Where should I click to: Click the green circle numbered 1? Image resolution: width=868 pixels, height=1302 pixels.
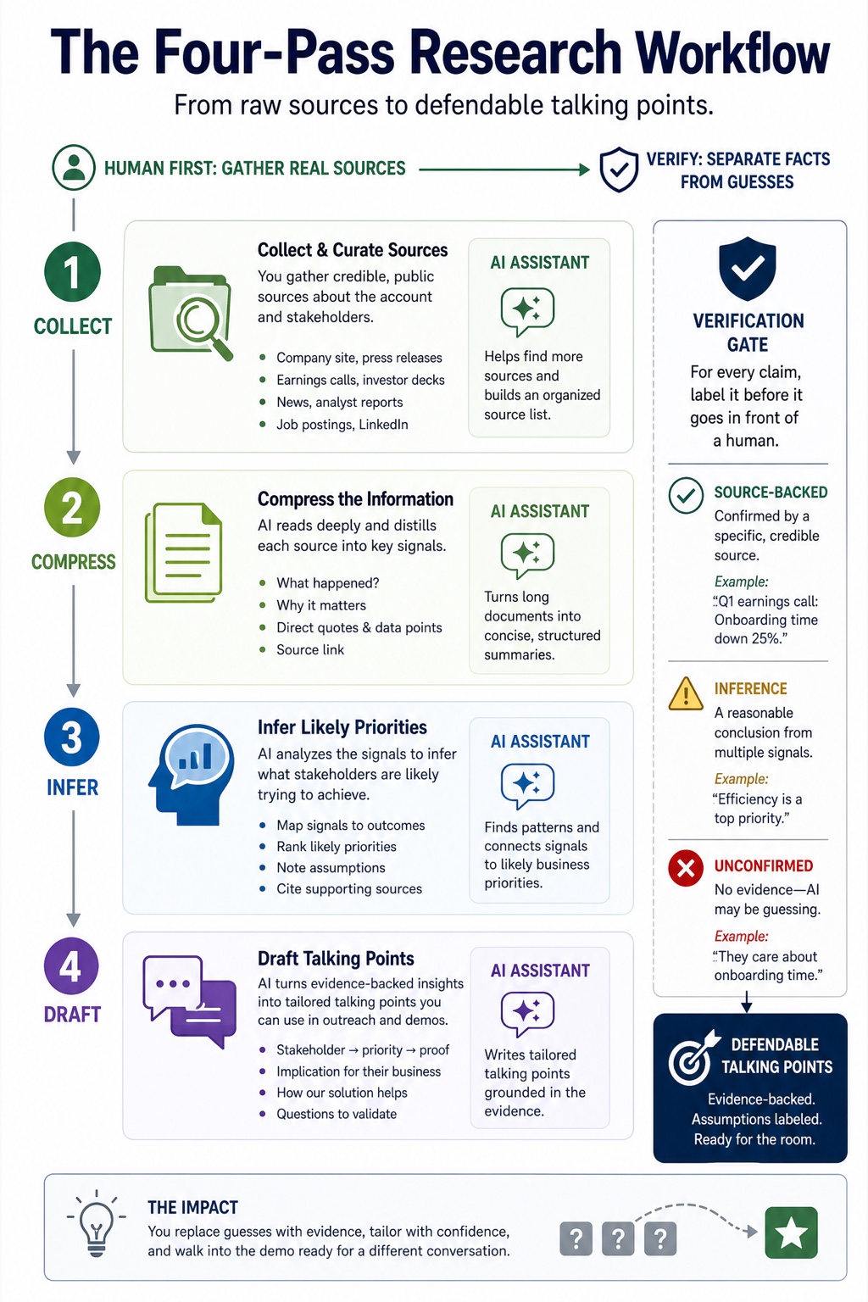click(72, 271)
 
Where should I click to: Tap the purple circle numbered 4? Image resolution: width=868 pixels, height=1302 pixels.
click(71, 966)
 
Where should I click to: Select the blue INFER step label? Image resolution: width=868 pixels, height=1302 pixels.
click(72, 787)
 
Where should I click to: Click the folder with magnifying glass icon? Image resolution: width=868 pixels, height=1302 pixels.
click(191, 312)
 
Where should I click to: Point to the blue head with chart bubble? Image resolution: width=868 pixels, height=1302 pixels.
click(192, 774)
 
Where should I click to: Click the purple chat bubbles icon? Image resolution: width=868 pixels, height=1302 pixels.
click(190, 1001)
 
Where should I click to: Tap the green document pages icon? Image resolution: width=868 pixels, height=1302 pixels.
click(184, 552)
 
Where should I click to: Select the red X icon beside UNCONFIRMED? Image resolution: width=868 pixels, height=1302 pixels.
click(686, 868)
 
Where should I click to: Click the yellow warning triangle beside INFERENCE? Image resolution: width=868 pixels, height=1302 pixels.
click(686, 694)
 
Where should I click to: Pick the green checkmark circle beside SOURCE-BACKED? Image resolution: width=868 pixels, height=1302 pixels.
click(686, 495)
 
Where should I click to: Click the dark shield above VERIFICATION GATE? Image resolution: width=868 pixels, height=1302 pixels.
click(748, 268)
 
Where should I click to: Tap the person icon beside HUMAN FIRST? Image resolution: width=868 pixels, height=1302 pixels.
click(73, 167)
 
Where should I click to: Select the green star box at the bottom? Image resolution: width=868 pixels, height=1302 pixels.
click(791, 1232)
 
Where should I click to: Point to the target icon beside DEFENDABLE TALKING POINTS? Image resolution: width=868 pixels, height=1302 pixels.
click(693, 1059)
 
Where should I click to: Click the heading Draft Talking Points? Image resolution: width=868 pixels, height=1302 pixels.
click(336, 959)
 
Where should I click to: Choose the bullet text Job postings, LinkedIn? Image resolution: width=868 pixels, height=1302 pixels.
click(342, 425)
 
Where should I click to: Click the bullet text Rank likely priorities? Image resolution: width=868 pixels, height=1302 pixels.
click(337, 846)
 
